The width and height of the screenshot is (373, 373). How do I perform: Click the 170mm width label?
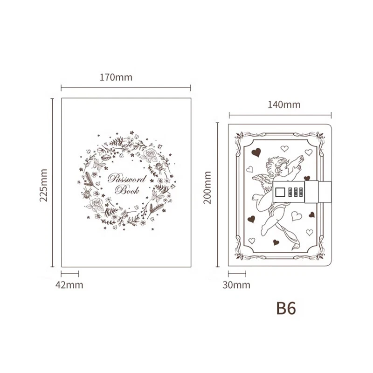pyautogui.click(x=116, y=77)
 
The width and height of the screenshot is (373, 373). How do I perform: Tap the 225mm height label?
pyautogui.click(x=43, y=185)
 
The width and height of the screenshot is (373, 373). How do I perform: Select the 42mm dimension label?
pyautogui.click(x=69, y=285)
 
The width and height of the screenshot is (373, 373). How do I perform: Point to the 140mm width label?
pyautogui.click(x=284, y=104)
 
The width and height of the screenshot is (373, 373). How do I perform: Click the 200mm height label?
pyautogui.click(x=207, y=187)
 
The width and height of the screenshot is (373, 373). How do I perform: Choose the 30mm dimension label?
pyautogui.click(x=236, y=285)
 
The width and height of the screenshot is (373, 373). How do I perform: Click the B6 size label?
pyautogui.click(x=286, y=308)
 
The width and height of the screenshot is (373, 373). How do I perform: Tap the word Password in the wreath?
pyautogui.click(x=127, y=179)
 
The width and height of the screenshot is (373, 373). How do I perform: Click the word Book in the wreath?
pyautogui.click(x=127, y=190)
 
